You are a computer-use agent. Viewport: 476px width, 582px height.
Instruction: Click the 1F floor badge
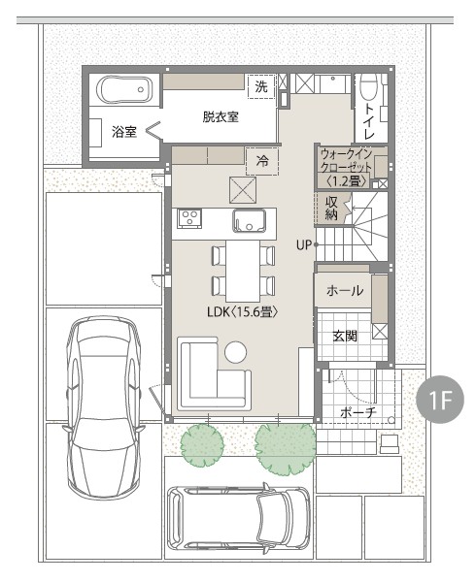440,400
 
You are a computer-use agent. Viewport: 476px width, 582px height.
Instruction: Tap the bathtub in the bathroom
124,90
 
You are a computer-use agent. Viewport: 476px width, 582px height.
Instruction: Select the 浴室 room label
124,132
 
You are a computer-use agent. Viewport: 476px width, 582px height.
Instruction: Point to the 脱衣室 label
221,117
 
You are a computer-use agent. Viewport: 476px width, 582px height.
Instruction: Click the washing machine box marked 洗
262,86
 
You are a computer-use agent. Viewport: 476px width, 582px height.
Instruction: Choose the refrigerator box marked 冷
262,161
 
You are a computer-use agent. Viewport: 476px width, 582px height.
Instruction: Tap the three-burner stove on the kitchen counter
189,218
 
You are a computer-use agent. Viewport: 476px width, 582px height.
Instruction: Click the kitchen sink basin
250,221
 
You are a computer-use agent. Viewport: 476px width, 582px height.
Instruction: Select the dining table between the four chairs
243,271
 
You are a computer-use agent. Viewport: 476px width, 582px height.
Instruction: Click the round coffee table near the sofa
235,352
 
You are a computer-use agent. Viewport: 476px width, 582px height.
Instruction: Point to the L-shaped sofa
214,373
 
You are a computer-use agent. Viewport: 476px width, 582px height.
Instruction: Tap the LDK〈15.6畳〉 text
242,311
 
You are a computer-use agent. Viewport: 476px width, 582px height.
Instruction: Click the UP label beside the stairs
304,245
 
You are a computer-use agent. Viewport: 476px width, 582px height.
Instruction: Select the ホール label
345,291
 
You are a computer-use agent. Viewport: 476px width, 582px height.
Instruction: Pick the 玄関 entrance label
345,336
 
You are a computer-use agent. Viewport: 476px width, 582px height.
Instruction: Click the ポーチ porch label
358,411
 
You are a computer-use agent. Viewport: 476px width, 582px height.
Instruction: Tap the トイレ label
368,121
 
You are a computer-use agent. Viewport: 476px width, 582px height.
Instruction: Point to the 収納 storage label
331,208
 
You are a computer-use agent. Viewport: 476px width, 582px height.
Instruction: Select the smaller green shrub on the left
202,444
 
